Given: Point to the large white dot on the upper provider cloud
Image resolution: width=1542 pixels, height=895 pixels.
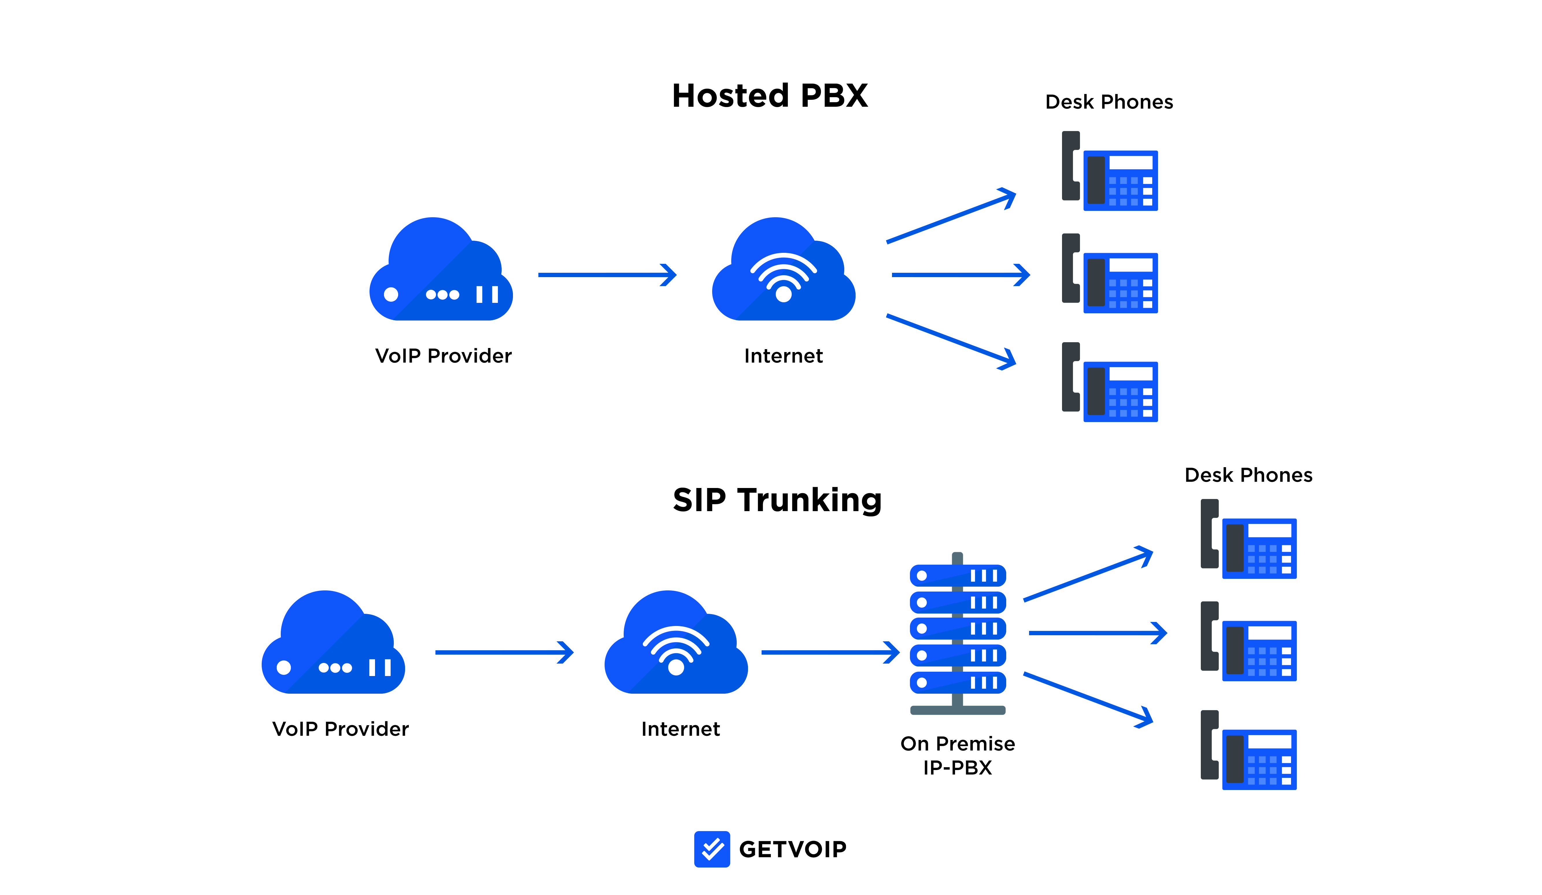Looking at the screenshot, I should tap(391, 294).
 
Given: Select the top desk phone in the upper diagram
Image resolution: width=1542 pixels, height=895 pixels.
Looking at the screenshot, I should tap(1109, 171).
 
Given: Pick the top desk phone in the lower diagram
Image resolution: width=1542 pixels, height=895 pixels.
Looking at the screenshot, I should tap(1248, 539).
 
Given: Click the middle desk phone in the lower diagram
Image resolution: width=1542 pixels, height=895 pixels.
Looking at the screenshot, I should tap(1248, 641).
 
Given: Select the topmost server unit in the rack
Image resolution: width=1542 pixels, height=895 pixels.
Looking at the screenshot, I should tap(958, 575).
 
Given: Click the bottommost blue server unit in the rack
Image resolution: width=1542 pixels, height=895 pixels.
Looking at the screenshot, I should tap(958, 682).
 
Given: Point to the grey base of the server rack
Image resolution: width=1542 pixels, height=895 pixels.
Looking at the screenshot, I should tap(958, 710).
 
